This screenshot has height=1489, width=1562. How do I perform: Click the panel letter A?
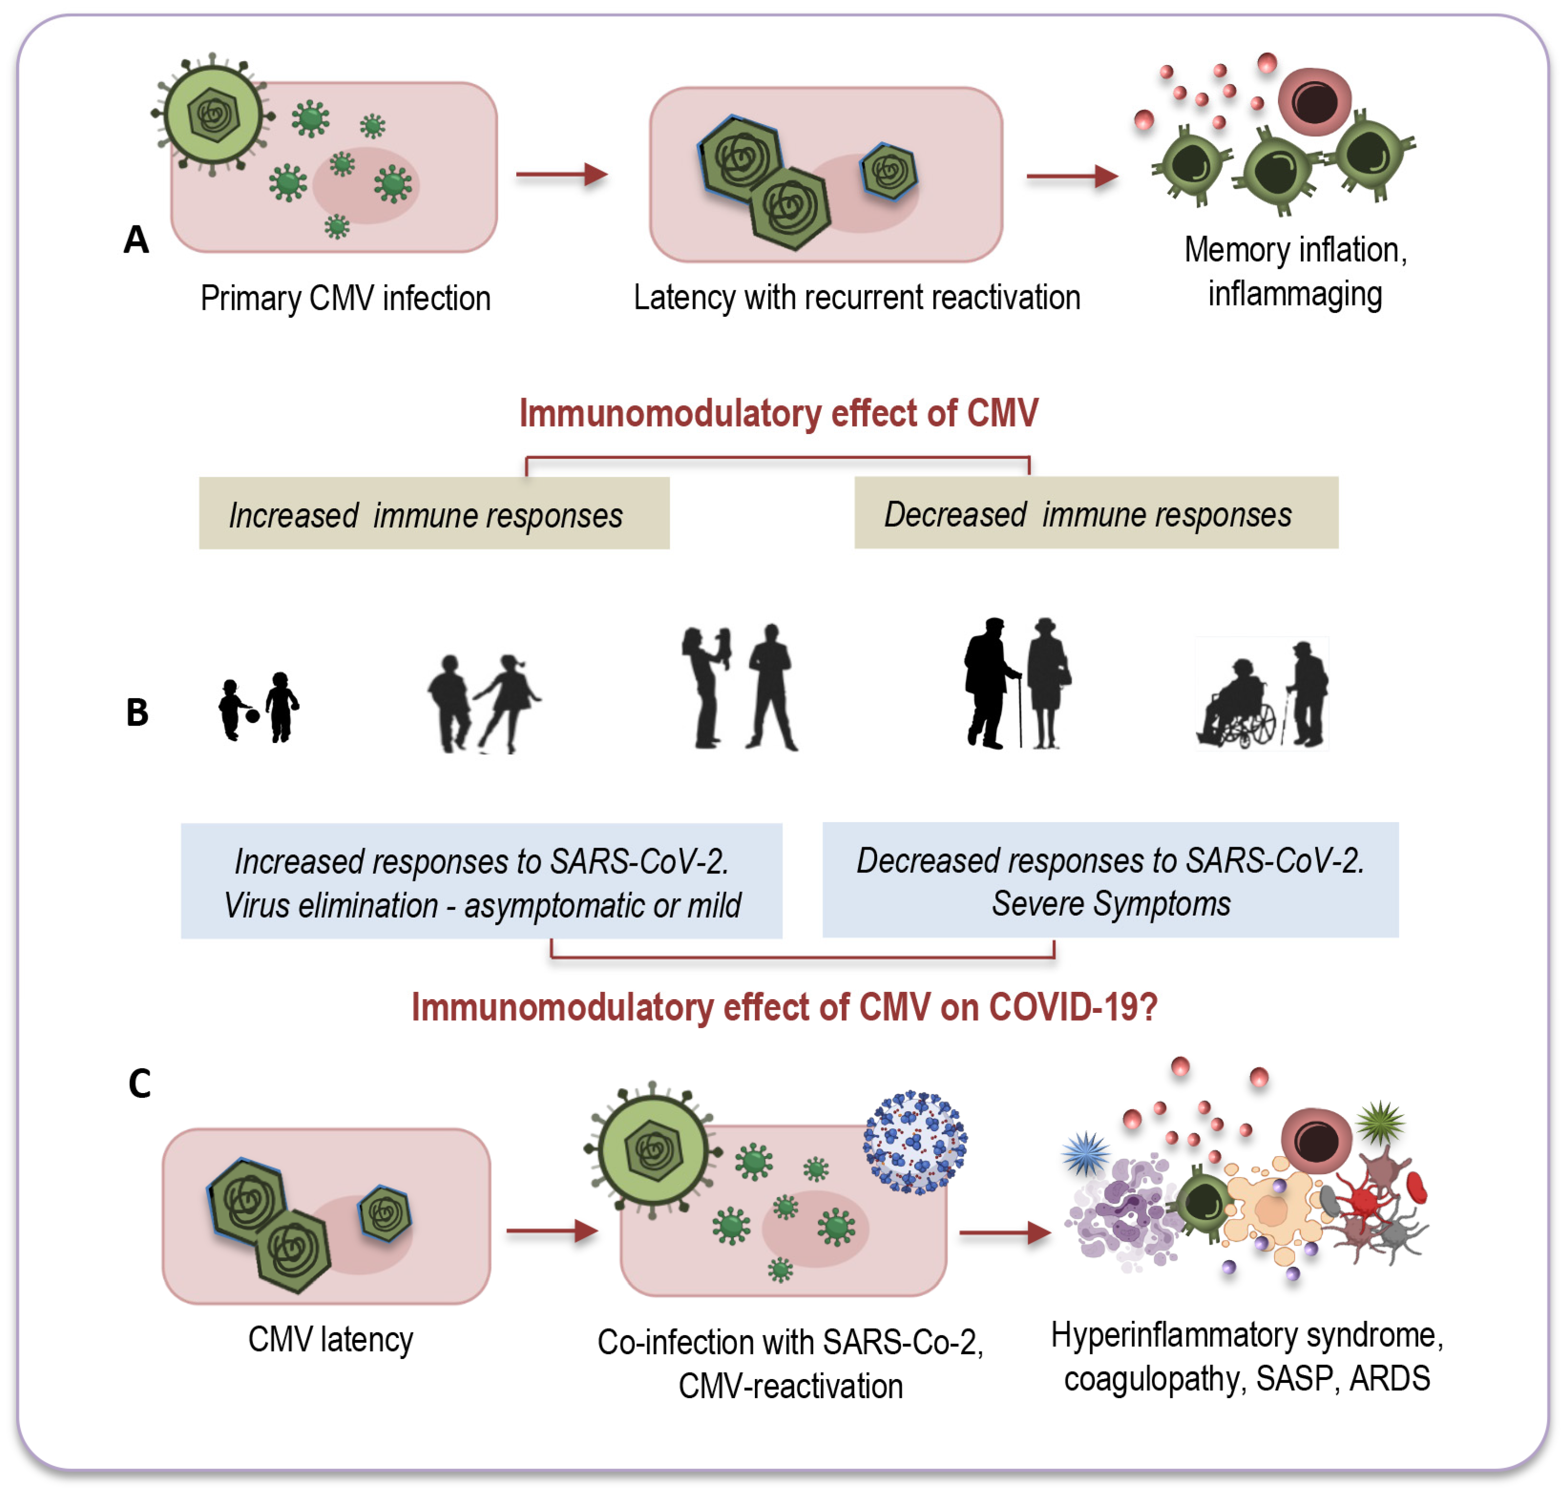pyautogui.click(x=136, y=240)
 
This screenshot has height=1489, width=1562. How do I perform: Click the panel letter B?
pyautogui.click(x=137, y=712)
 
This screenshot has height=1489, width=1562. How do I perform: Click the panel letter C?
pyautogui.click(x=140, y=1083)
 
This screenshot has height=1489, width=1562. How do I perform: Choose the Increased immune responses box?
pyautogui.click(x=434, y=514)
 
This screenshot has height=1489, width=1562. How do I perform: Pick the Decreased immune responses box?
pyautogui.click(x=1096, y=513)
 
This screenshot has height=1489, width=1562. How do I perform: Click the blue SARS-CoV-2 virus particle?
pyautogui.click(x=915, y=1142)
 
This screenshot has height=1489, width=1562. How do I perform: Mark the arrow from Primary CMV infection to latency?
pyautogui.click(x=561, y=174)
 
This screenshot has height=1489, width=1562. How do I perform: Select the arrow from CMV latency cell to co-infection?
pyautogui.click(x=551, y=1231)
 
